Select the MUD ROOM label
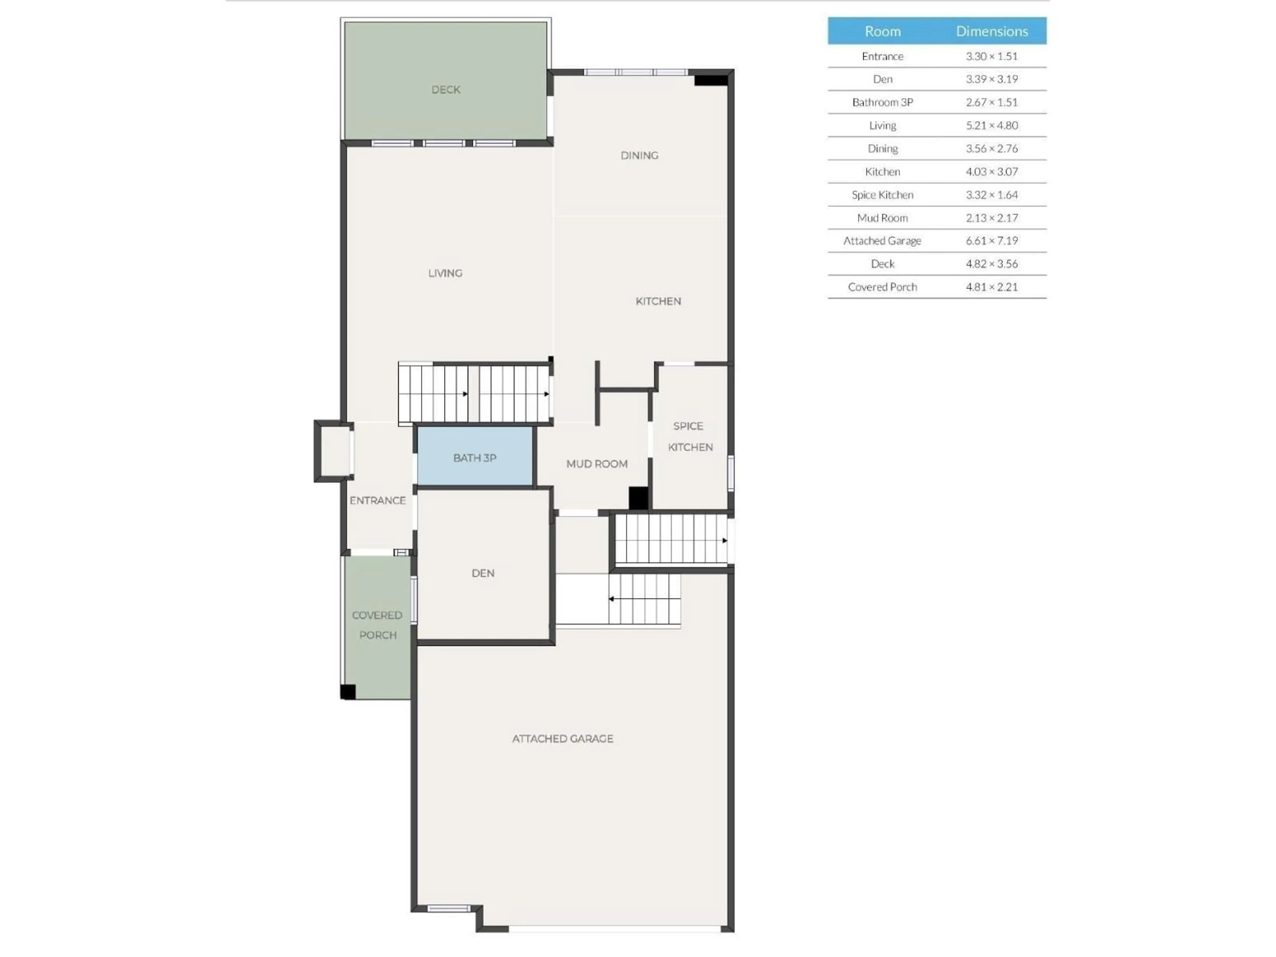(596, 464)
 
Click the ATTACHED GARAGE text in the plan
(563, 738)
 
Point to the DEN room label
(483, 573)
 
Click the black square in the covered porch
(348, 691)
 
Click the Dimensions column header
(992, 31)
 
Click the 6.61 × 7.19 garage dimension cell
(992, 241)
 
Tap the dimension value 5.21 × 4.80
(992, 125)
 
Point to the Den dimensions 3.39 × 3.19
(992, 79)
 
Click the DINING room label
(639, 155)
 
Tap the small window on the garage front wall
(449, 908)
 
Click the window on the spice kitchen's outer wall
(730, 473)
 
